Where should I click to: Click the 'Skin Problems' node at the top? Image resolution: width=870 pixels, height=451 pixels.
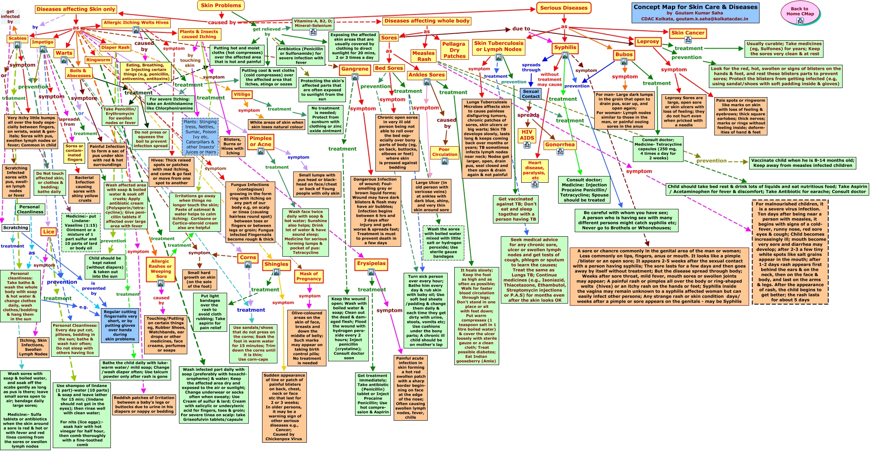221,6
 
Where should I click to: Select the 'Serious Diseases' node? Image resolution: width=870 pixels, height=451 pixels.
564,8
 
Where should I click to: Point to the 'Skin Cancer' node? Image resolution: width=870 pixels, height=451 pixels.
688,33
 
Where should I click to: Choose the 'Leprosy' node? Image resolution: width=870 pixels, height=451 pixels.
648,42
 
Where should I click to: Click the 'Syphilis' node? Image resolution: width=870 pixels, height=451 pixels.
565,47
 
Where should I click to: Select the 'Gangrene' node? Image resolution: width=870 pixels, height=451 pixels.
355,69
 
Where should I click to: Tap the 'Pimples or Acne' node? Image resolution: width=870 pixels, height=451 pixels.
260,141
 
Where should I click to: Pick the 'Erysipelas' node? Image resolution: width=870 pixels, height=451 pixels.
371,263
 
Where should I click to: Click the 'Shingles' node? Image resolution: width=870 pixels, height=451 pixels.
276,264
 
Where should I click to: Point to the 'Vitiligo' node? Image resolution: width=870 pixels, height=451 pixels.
242,94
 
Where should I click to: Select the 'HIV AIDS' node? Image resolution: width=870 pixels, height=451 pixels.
527,135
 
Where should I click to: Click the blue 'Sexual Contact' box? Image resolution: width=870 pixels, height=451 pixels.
531,94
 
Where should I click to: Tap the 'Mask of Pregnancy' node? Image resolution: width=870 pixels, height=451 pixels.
309,276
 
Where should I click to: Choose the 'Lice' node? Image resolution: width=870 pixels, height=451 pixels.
49,232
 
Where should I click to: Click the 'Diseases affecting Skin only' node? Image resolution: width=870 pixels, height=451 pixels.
76,9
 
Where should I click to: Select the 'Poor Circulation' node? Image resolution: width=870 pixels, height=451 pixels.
444,152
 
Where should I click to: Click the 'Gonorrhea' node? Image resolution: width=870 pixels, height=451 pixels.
560,145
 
